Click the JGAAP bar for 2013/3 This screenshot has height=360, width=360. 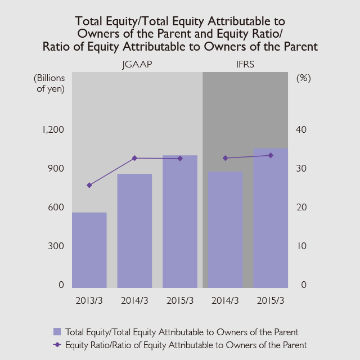click(89, 250)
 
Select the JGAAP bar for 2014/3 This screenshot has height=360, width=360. click(134, 231)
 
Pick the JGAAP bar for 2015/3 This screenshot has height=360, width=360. click(180, 221)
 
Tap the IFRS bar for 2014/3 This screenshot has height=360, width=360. click(225, 229)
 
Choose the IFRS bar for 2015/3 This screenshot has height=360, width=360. click(271, 218)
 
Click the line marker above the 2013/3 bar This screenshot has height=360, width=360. click(89, 185)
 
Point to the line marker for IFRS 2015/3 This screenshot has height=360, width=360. click(271, 155)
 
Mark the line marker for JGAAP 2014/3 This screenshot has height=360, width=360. click(134, 158)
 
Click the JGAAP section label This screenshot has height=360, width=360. click(137, 65)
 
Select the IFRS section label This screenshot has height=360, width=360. click(245, 65)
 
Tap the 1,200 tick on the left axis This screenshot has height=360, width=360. click(53, 129)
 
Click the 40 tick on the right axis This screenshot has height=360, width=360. click(301, 129)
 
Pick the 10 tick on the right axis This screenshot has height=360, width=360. click(301, 246)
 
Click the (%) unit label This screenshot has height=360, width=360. click(303, 78)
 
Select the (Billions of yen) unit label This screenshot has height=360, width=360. click(49, 83)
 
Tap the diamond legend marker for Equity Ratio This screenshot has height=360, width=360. click(57, 344)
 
